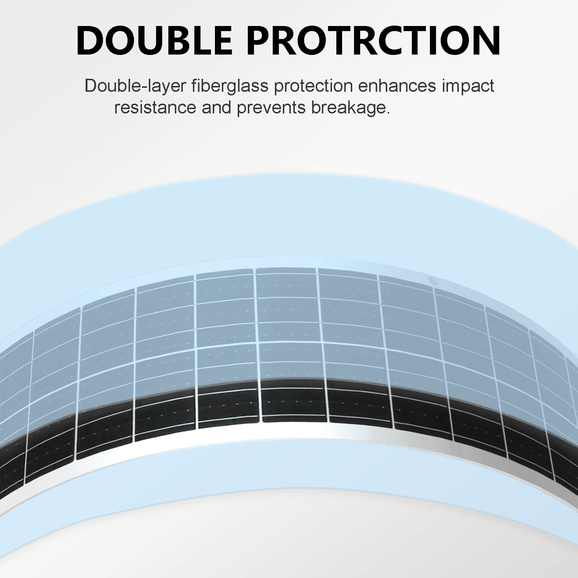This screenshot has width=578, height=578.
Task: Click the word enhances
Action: pos(397,86)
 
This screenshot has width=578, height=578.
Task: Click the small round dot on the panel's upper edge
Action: pos(432,281)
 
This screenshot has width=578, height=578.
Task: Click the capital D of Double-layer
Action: pos(90,86)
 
